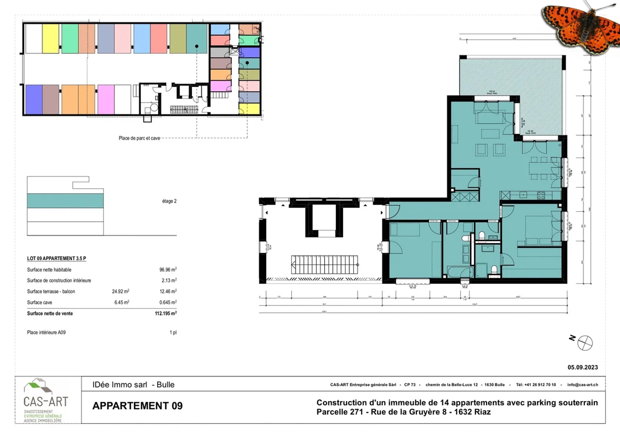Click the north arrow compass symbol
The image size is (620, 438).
(585, 343)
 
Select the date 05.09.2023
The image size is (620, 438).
(583, 367)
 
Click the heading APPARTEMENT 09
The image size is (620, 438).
(137, 406)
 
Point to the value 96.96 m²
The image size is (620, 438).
(168, 270)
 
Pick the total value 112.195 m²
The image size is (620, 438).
(165, 314)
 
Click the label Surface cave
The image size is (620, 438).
(40, 302)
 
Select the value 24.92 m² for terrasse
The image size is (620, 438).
(121, 291)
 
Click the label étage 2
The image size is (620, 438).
(169, 201)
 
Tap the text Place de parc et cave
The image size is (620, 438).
(139, 138)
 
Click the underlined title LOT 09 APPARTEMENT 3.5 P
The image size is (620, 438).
(56, 259)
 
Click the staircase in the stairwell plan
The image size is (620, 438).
(325, 265)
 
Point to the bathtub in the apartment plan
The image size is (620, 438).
(460, 272)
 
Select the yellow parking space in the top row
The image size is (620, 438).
(50, 39)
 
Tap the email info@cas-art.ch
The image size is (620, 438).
(583, 385)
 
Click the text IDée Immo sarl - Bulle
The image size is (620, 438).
(133, 385)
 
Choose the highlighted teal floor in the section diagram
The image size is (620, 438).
(65, 201)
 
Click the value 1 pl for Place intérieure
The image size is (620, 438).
(173, 333)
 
